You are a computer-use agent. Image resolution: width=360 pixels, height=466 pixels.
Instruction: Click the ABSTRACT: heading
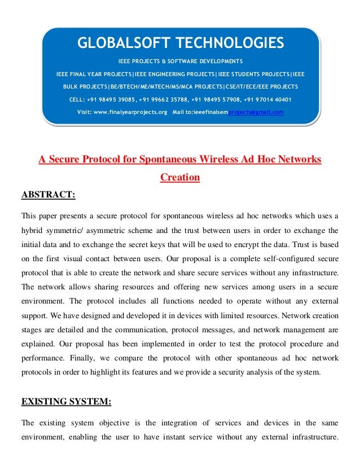click(x=48, y=195)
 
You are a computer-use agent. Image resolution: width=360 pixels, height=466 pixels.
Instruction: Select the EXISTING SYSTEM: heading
click(x=66, y=402)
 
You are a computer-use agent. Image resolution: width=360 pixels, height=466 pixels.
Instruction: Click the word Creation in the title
click(x=180, y=177)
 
